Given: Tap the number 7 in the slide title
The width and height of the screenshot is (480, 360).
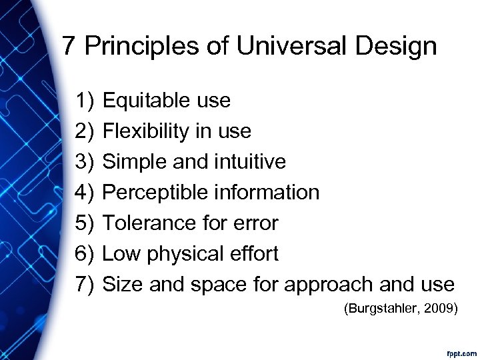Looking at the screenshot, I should [68, 47].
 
